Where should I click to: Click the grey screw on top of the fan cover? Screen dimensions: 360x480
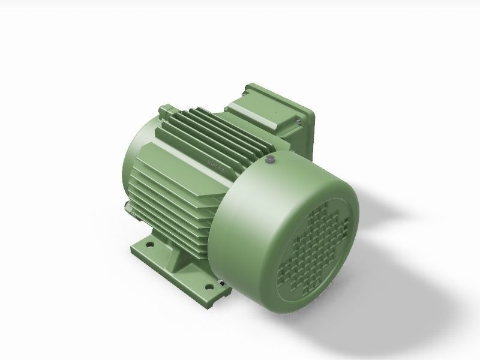pyautogui.click(x=270, y=159)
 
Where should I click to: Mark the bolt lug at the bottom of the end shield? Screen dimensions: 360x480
pyautogui.click(x=128, y=209)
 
